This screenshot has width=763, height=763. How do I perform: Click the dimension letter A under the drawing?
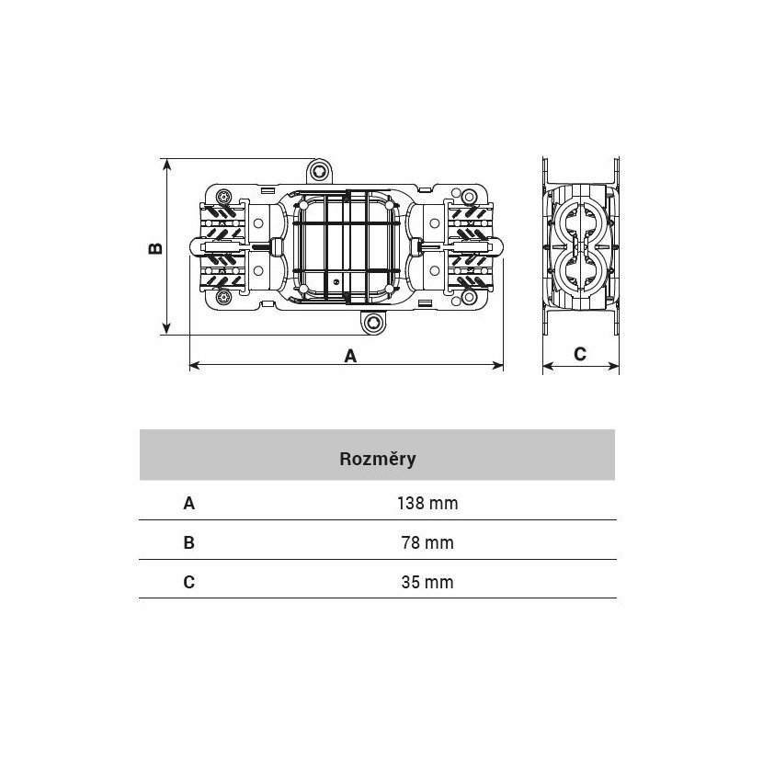click(350, 356)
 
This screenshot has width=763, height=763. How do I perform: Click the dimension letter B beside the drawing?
click(155, 248)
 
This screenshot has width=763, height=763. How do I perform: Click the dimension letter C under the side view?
click(580, 354)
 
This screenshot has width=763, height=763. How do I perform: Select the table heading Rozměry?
click(378, 459)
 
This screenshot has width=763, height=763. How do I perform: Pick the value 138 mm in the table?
click(427, 503)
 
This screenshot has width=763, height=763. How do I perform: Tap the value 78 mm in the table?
click(427, 542)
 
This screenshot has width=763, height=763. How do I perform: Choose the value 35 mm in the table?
click(427, 582)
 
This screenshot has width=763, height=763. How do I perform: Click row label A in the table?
click(189, 503)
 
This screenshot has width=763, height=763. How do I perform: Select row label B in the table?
click(189, 542)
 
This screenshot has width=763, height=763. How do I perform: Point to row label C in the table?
click(189, 582)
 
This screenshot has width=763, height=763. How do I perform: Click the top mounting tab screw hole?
click(319, 171)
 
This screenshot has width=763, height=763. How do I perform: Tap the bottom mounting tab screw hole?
click(373, 323)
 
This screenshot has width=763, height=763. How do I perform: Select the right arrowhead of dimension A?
click(496, 365)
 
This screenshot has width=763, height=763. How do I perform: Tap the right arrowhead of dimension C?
click(612, 366)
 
